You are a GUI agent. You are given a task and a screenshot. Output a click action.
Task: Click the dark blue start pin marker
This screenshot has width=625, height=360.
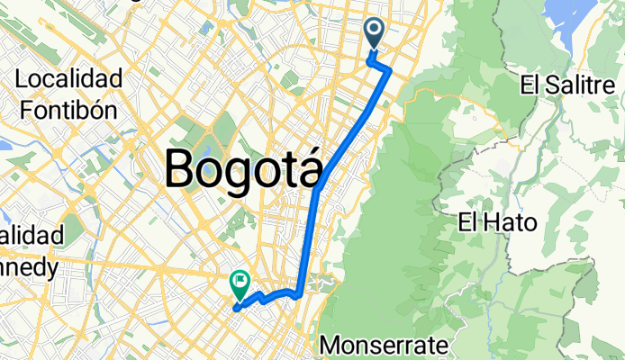click(x=376, y=34)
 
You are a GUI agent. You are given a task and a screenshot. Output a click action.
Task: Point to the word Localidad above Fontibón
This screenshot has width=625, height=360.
click(x=68, y=80)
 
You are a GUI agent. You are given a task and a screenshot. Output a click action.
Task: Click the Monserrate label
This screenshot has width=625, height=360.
click(x=378, y=345)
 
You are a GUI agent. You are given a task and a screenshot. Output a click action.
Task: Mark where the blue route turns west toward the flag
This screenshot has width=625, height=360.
click(x=297, y=293)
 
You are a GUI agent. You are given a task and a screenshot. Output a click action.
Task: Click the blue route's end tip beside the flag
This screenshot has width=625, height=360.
click(x=235, y=309)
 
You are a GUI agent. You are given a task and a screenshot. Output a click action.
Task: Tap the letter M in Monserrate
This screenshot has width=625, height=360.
click(x=331, y=345)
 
